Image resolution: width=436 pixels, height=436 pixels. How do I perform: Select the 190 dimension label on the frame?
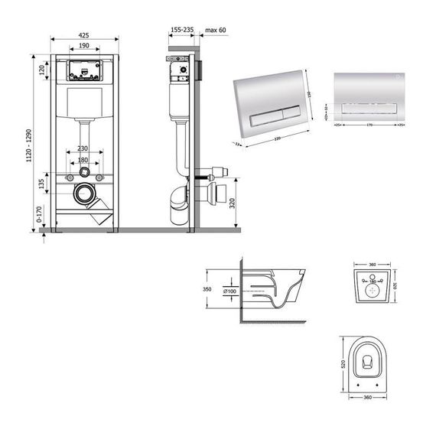[x=84, y=46]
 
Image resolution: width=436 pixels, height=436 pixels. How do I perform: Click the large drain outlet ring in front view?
[x=84, y=194]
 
